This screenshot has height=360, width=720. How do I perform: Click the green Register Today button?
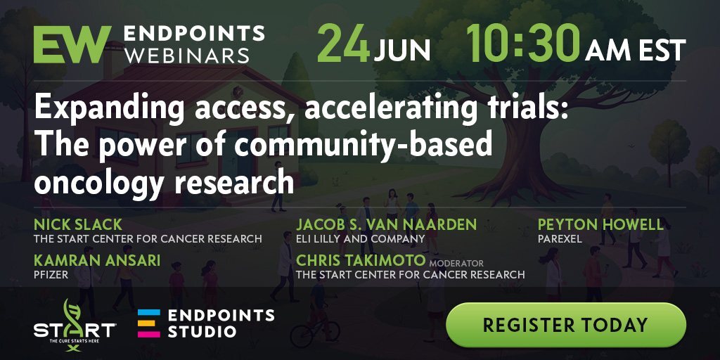click(x=566, y=325)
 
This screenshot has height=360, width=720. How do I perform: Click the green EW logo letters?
click(x=72, y=44)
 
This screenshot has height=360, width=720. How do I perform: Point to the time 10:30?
click(x=523, y=43)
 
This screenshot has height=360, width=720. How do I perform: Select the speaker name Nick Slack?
click(x=78, y=224)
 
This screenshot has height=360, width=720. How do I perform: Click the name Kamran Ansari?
click(x=97, y=260)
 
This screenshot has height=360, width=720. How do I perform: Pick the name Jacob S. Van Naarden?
click(x=386, y=224)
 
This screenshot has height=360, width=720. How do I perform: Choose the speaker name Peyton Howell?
click(x=600, y=224)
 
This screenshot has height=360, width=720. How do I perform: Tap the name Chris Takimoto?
click(x=361, y=260)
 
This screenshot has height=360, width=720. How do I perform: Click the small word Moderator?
click(x=456, y=264)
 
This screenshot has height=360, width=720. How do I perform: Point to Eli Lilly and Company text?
click(x=361, y=239)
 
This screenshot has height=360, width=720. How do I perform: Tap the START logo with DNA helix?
click(x=75, y=326)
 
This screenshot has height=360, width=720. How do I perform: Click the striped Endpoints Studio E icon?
click(x=149, y=323)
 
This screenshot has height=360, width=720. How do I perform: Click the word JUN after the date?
click(x=401, y=51)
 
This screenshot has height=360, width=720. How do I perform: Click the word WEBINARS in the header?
click(x=187, y=56)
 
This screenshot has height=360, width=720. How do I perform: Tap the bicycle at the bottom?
click(x=315, y=332)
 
